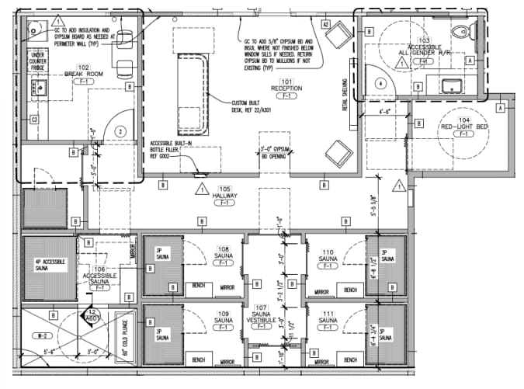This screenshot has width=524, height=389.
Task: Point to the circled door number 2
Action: (120, 132)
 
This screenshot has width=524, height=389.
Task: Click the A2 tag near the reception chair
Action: (327, 25)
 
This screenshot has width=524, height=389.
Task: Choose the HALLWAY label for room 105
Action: (225, 195)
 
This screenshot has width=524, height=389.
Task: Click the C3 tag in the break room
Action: (34, 120)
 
